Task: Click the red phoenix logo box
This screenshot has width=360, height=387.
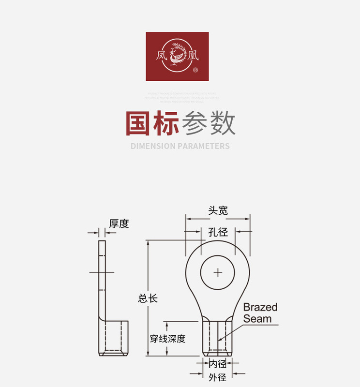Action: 177,56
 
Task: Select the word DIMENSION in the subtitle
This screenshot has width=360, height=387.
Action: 153,146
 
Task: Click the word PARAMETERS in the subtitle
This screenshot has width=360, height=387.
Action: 204,146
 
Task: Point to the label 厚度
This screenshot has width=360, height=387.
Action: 119,223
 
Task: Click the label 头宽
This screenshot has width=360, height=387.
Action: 218,210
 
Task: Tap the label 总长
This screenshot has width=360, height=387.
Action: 148,298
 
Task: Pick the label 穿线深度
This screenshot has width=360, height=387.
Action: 167,339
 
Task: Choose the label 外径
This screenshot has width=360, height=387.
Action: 217,378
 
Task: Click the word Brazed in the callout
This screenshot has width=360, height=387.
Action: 260,307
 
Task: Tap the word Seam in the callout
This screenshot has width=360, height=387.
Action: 257,319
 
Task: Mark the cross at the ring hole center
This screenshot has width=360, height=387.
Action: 218,272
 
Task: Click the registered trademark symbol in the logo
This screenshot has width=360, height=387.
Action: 195,70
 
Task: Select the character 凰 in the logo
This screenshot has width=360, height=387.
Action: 194,56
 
